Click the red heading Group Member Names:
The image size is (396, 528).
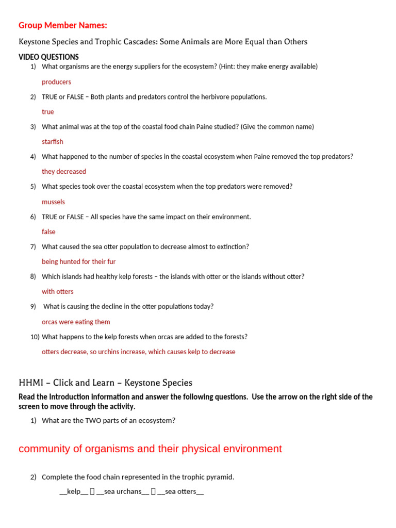(x=63, y=25)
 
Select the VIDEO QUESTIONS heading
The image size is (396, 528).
(x=48, y=57)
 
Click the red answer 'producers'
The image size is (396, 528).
(x=56, y=81)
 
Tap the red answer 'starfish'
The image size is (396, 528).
(x=53, y=141)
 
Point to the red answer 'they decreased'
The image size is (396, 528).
(x=64, y=171)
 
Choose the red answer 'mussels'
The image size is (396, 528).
(x=53, y=202)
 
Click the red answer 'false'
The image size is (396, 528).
(x=48, y=232)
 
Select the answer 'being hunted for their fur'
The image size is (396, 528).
(x=78, y=261)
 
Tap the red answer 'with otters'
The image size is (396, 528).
(x=58, y=291)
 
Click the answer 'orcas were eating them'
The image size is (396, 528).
(x=76, y=322)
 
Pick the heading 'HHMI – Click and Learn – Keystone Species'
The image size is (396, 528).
(x=105, y=383)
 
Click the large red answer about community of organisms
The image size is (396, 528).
(x=150, y=449)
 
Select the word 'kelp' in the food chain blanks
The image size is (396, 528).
(x=74, y=491)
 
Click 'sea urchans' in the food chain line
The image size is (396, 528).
(x=123, y=491)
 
